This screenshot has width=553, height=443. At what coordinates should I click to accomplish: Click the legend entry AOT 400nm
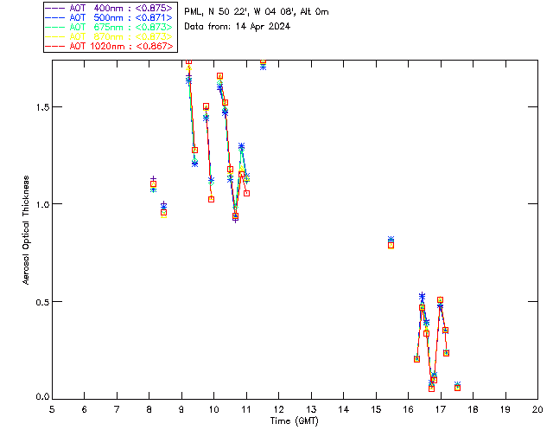(x=109, y=9)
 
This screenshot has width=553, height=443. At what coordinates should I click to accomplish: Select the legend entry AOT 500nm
(x=109, y=18)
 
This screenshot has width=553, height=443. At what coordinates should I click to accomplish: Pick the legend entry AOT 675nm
(x=109, y=28)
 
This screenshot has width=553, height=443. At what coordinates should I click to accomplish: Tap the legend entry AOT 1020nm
(x=109, y=47)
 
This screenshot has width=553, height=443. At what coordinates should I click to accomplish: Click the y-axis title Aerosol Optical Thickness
(x=27, y=230)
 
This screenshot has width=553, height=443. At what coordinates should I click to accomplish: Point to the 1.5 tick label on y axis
(x=40, y=107)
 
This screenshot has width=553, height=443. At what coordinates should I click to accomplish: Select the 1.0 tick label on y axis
(x=40, y=204)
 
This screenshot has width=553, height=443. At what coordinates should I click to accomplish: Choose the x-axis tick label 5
(x=52, y=409)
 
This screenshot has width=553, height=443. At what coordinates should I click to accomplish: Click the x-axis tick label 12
(x=278, y=409)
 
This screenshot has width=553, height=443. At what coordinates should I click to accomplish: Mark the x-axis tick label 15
(x=376, y=409)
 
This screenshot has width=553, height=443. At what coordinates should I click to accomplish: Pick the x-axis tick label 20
(x=537, y=409)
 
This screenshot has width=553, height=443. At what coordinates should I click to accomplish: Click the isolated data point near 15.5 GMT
(x=391, y=242)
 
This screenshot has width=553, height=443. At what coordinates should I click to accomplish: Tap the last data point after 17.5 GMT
(x=457, y=387)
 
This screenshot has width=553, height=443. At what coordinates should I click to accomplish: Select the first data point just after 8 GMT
(x=153, y=183)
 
